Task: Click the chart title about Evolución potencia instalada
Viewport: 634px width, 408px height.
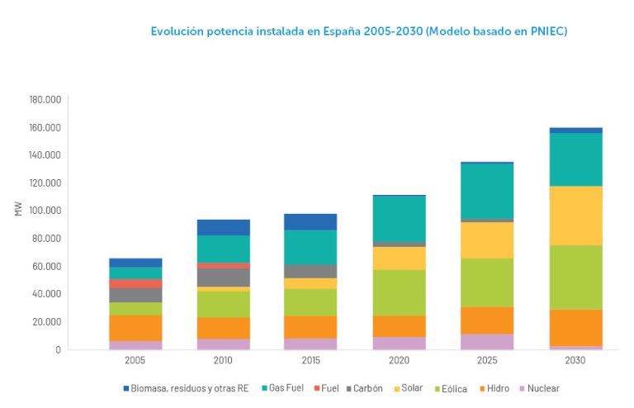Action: pos(358,31)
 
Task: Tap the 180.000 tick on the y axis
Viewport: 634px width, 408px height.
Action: pos(46,100)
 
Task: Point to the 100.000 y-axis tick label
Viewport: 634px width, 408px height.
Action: pos(46,211)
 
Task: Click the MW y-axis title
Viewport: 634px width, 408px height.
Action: pos(18,210)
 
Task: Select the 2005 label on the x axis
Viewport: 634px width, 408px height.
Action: pos(135,362)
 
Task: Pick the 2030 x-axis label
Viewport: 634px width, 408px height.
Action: pos(575,362)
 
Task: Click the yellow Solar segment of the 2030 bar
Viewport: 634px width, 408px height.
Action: pos(575,216)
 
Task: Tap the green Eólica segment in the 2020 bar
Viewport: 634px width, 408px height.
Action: pos(400,292)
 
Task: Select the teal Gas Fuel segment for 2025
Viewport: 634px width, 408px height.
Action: pos(487,191)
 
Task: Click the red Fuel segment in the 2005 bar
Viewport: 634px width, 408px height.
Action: pos(135,283)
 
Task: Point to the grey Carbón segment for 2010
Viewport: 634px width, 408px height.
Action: pos(223,277)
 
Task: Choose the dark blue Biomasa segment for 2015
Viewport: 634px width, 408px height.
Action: pos(311,221)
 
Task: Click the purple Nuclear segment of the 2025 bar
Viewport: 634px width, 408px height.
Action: pos(487,341)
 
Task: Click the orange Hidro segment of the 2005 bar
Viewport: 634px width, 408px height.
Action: pos(135,328)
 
